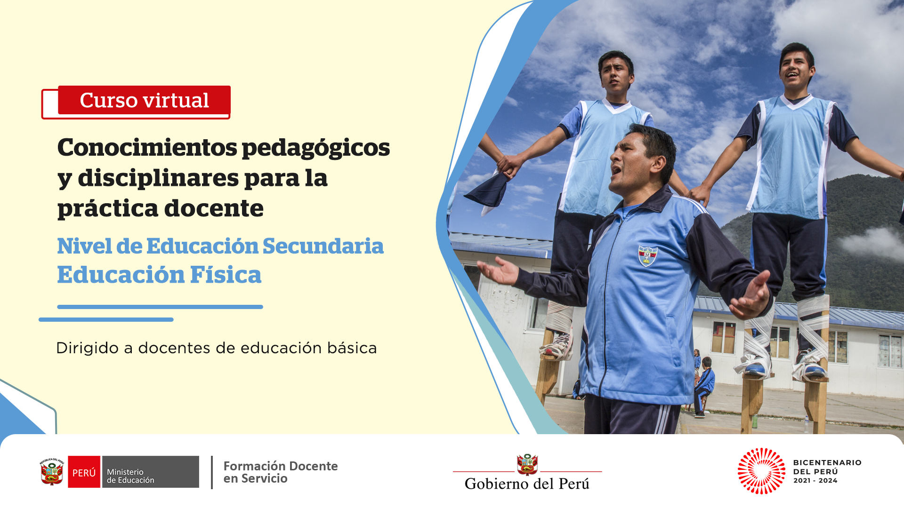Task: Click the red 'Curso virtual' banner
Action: pos(144,100)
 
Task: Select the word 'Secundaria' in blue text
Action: pos(323,246)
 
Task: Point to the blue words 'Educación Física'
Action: pos(159,275)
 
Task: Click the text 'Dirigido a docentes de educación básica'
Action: pos(217,348)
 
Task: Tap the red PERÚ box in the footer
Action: pos(84,472)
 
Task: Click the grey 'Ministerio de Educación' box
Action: pos(150,472)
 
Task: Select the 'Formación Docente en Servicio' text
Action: pos(281,472)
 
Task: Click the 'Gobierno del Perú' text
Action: pos(527,484)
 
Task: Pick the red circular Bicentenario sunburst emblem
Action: pos(761,471)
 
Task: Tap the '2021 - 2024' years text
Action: pos(815,481)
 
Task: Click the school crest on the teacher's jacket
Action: pos(647,255)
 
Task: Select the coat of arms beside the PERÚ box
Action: pos(52,471)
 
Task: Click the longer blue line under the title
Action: pos(160,307)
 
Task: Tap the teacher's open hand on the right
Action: pos(752,296)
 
